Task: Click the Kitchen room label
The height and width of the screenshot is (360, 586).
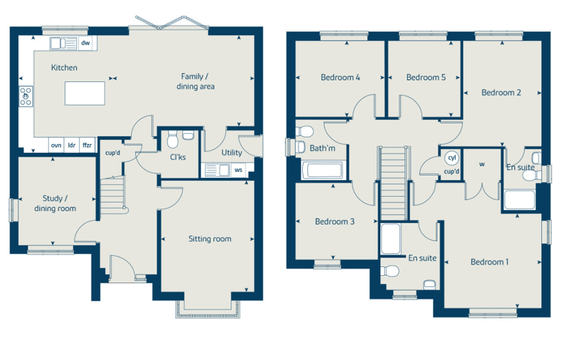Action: [x=64, y=67]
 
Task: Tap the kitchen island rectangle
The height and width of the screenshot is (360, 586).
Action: [x=84, y=93]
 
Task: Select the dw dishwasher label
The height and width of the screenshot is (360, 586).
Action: [x=86, y=42]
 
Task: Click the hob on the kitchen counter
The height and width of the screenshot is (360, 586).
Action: [x=26, y=97]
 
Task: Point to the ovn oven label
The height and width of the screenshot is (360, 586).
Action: [x=56, y=145]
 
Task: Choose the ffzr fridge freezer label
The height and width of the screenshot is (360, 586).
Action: [x=87, y=145]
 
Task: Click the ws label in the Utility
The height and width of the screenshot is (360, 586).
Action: [x=238, y=170]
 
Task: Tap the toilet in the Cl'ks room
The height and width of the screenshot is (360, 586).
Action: [x=172, y=140]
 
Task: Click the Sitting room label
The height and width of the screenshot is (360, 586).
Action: [x=210, y=239]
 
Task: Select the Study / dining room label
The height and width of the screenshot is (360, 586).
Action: [x=55, y=203]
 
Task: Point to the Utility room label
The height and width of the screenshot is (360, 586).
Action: [x=232, y=152]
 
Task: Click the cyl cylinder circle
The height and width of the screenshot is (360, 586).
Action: [x=452, y=158]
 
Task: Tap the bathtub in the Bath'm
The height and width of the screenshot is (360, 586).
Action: [x=322, y=170]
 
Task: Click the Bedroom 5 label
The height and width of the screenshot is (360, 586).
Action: [x=426, y=78]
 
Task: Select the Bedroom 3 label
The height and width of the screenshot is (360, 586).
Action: [x=334, y=222]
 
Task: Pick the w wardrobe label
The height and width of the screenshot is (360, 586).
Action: [x=482, y=164]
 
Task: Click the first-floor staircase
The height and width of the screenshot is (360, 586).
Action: [x=394, y=183]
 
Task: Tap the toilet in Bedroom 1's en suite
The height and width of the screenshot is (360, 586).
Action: [x=390, y=271]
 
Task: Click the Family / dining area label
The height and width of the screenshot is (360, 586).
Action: [x=195, y=81]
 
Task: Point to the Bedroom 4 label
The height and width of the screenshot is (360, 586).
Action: [x=340, y=78]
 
